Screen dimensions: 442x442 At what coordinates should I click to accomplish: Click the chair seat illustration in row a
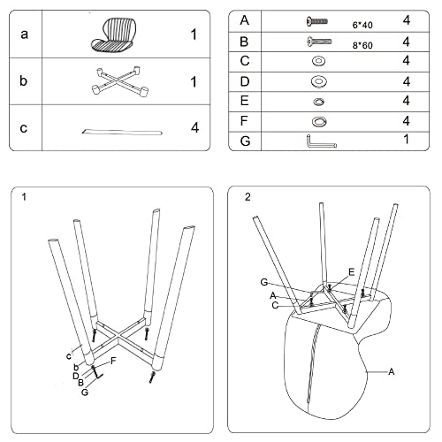point(113,34)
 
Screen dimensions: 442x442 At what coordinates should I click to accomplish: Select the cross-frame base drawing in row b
point(120,81)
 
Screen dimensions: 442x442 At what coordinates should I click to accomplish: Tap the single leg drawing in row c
point(122,132)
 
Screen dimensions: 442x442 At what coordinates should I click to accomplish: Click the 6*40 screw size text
point(362,25)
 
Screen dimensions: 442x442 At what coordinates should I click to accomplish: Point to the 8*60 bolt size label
point(362,45)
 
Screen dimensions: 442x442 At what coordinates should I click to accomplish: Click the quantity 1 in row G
point(407,139)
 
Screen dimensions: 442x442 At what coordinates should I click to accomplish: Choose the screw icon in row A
point(317,21)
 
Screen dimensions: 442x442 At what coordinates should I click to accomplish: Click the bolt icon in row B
point(319,42)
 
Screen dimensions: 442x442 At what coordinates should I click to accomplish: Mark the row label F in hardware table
point(244,121)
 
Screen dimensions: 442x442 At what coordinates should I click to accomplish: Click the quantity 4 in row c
point(194,127)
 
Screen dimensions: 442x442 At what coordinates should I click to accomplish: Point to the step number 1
point(24,197)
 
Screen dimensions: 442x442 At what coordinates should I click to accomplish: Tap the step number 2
point(248,197)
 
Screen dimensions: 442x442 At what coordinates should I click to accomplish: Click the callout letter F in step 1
point(113,361)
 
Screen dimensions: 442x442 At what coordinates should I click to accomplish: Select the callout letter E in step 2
point(351,272)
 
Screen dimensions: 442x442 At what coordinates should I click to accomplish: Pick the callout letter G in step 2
point(264,282)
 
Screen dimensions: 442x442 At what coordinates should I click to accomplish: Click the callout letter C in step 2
point(275,305)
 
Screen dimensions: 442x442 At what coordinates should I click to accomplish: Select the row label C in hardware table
point(245,61)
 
